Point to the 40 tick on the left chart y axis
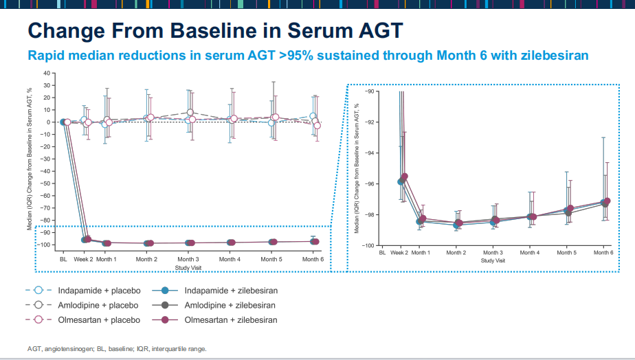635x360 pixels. pos(47,74)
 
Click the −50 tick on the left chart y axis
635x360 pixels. pos(45,183)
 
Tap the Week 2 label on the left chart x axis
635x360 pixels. pos(83,259)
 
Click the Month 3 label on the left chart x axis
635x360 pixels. pos(188,259)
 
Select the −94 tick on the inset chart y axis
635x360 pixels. pos(369,153)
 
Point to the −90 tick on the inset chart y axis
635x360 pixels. pos(369,91)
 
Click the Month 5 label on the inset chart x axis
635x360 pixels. pos(566,253)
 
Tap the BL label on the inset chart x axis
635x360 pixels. pos(382,253)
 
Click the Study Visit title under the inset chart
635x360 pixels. pos(493,260)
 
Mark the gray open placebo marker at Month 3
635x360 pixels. pos(190,113)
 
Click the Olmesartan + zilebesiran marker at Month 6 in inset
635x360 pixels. pos(607,201)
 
